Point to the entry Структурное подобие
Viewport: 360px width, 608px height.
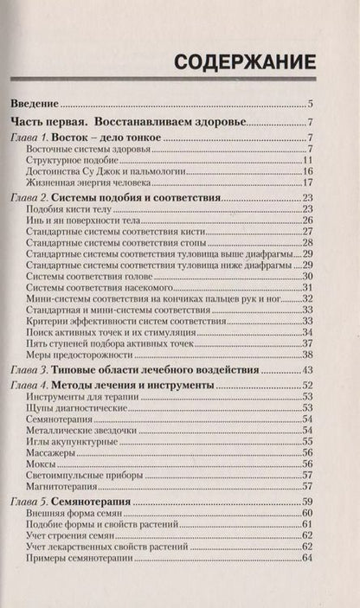[73, 160]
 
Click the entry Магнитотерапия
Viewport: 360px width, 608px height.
[63, 486]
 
